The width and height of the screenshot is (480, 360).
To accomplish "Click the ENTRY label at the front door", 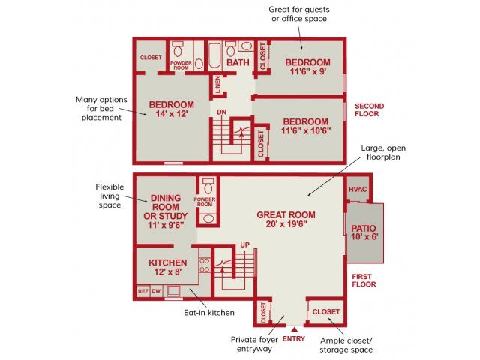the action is pos(293,338).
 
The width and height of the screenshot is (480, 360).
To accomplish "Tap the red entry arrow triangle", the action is pos(294,329).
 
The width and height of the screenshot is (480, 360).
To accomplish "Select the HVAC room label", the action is pos(358,190).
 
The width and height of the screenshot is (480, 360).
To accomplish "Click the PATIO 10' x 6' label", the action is pos(364,232).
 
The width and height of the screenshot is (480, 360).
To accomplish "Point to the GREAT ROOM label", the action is pos(286,215).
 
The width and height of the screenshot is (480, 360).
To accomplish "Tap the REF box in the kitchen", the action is pos(143,291).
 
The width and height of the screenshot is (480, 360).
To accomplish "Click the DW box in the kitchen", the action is pos(156,291).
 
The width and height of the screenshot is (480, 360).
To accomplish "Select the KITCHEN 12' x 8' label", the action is pos(168,267).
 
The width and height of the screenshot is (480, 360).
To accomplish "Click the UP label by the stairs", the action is pos(244,245).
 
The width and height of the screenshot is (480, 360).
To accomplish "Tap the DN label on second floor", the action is pos(222,112).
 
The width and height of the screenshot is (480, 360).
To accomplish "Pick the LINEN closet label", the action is pos(218,85).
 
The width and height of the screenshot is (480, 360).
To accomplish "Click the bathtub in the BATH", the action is pos(214,55).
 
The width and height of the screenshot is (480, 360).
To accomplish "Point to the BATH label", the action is pos(238,62).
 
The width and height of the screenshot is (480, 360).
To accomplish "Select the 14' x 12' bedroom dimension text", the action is pos(172,114).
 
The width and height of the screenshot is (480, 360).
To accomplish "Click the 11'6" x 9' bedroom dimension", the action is pos(308,72).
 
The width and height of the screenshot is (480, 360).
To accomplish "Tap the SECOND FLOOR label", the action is pos(369,110).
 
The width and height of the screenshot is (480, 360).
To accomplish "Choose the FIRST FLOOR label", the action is pos(364,280).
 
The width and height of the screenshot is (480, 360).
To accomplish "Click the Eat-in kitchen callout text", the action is pos(209,313).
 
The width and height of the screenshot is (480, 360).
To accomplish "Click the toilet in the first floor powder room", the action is pos(208,187).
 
